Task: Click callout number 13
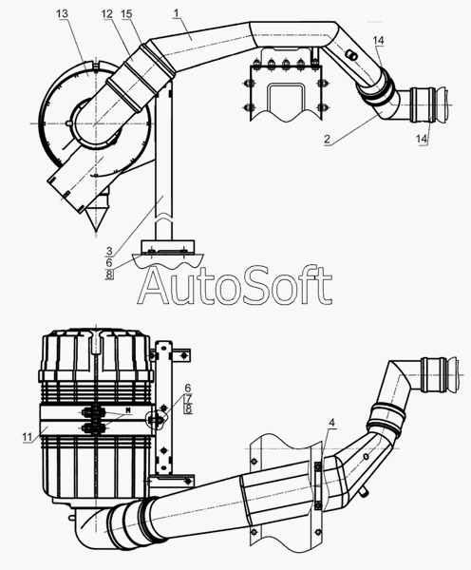[x=62, y=14]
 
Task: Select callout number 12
[x=107, y=14]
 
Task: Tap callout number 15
[x=126, y=14]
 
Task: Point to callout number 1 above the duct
[x=177, y=13]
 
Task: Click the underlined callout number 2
[x=327, y=139]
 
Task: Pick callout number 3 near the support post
[x=109, y=251]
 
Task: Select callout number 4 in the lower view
[x=331, y=423]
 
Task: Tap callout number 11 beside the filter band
[x=28, y=437]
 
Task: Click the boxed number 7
[x=188, y=399]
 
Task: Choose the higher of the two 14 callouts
[x=378, y=40]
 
